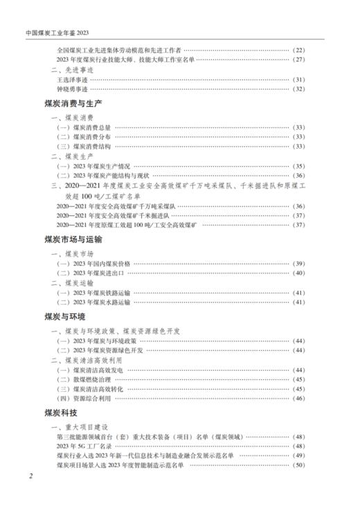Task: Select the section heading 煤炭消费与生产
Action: click(73, 103)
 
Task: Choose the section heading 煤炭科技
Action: click(60, 412)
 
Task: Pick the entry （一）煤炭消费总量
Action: click(84, 127)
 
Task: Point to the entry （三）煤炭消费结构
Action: click(84, 147)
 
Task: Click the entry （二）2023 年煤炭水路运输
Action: click(93, 302)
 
